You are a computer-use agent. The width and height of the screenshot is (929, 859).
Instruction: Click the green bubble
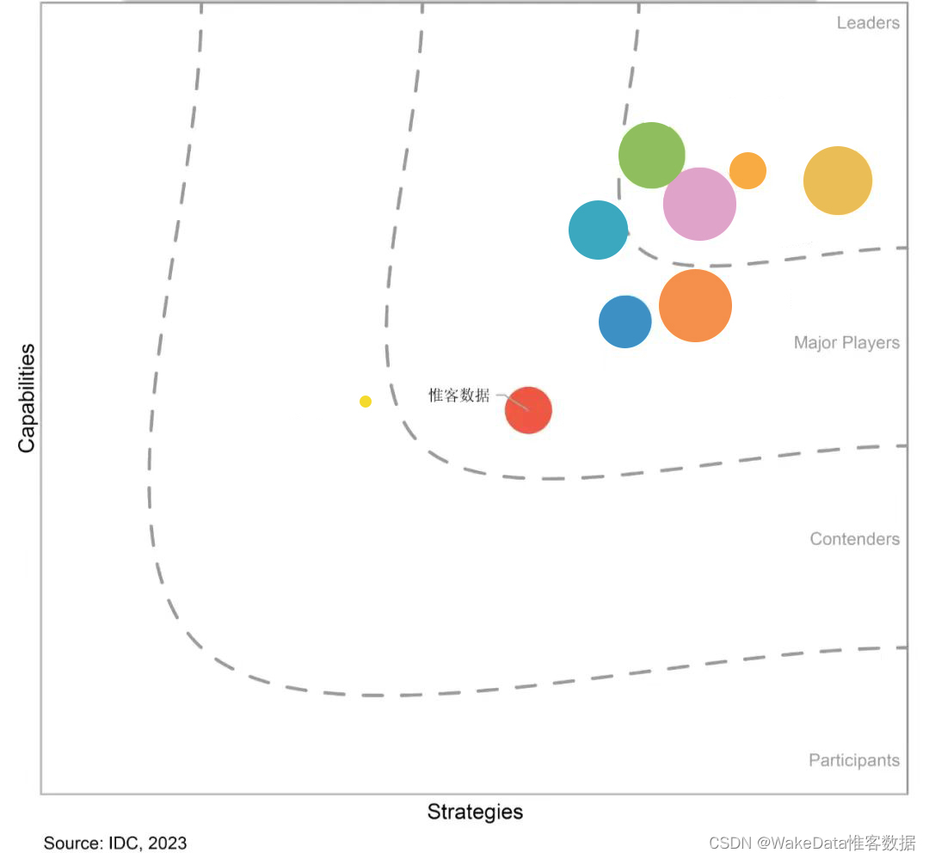coord(652,156)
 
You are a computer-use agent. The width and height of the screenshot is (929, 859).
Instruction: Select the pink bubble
coord(699,204)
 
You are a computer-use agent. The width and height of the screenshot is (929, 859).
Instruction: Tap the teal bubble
coord(599,230)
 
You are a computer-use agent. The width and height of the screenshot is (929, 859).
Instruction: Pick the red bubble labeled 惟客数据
coord(528,410)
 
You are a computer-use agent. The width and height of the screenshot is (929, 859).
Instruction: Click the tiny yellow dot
coord(366,402)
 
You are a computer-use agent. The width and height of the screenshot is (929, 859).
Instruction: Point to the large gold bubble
coord(838,181)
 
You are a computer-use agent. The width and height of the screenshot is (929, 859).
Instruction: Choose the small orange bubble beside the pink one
coord(748,170)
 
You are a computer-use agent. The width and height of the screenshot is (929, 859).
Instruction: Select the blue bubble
coord(625,322)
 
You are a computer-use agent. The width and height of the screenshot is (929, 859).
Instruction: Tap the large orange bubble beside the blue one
coord(695,305)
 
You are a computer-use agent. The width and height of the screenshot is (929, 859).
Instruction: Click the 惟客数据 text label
coord(459,396)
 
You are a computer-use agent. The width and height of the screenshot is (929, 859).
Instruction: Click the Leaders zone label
coord(868,22)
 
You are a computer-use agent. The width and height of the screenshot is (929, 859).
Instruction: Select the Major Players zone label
coord(846,343)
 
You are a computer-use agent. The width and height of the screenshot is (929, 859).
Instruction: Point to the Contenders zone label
coord(854,539)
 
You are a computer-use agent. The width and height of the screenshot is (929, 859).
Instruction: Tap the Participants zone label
coord(853,760)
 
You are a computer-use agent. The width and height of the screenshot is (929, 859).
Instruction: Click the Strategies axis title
coord(475,812)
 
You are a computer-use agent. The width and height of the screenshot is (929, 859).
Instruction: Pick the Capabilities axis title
coord(28,397)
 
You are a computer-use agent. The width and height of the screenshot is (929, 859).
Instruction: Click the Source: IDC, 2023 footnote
coord(115,843)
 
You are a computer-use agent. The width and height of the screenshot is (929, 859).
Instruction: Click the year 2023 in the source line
coord(167,843)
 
